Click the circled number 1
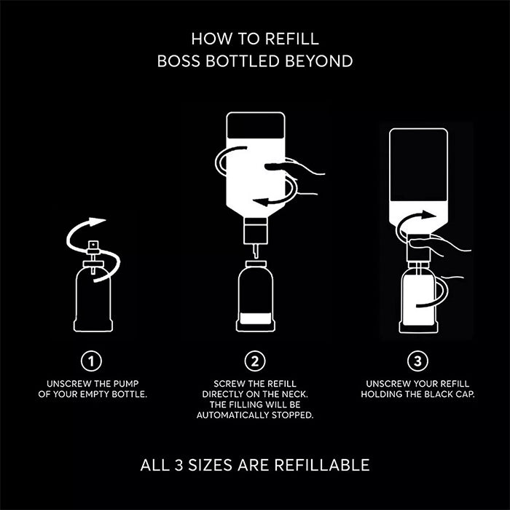[x=91, y=361]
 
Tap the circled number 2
[x=255, y=361]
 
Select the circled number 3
[x=417, y=361]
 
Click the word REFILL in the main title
[x=291, y=39]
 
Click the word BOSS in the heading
[x=178, y=61]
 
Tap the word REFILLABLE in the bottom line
[x=322, y=465]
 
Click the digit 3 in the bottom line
[x=178, y=465]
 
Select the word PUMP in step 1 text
[x=126, y=384]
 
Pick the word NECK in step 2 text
[x=295, y=395]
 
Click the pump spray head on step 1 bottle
[x=93, y=247]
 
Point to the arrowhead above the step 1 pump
[x=98, y=221]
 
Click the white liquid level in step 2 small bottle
[x=256, y=318]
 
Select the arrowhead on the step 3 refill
[x=428, y=215]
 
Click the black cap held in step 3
[x=418, y=246]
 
